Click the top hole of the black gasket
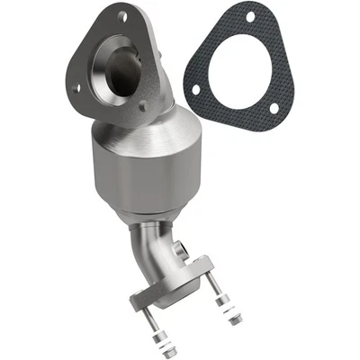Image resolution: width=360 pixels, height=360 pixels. [x=249, y=19]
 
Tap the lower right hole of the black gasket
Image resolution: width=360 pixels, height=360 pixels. [x=274, y=108]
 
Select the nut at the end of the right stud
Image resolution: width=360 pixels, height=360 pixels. [x=236, y=319]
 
